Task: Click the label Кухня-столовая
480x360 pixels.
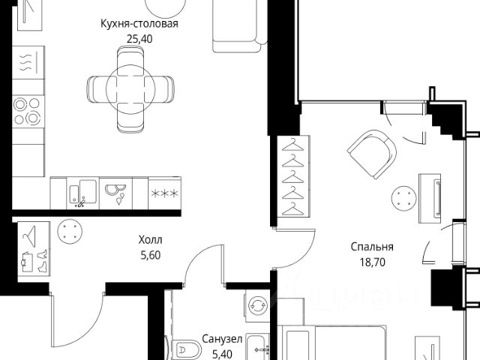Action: pos(139,24)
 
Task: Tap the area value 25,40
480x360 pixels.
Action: pos(139,39)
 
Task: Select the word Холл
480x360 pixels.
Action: pos(150,240)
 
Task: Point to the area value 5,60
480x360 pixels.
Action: pos(150,255)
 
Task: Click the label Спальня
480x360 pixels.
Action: pos(372,247)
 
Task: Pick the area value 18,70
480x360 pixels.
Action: pos(372,262)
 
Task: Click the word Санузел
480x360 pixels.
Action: pos(222,339)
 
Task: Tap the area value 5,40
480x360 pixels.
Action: pos(222,355)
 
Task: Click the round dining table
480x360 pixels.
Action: pos(130,89)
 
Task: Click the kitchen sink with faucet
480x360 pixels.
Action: pos(82,193)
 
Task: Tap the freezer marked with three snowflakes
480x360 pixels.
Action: pos(165,193)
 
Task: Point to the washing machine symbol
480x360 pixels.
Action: pos(257,305)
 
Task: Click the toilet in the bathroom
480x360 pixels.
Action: pos(185,349)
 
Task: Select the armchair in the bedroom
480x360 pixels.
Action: pos(372,154)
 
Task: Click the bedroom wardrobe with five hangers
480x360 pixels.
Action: pos(293,177)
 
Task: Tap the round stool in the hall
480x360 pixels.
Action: pos(70,232)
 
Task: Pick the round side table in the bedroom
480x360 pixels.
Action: pos(403,198)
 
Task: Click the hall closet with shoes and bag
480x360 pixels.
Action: pos(34,248)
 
